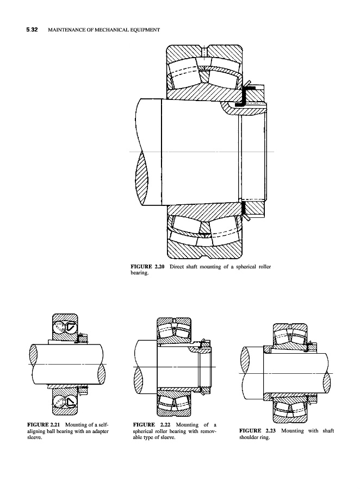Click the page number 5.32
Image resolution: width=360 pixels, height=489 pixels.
click(32, 30)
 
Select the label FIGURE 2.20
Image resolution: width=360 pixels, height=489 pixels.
click(147, 267)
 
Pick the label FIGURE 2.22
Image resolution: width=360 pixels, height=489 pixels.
click(151, 425)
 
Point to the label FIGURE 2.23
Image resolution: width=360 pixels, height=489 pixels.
click(258, 431)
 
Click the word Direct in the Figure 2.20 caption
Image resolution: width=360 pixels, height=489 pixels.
click(176, 267)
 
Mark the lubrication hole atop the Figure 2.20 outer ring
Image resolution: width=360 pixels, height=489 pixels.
click(203, 52)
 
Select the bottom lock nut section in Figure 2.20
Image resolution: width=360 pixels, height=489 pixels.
click(254, 208)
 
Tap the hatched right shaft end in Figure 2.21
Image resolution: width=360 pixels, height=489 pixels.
click(102, 374)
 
